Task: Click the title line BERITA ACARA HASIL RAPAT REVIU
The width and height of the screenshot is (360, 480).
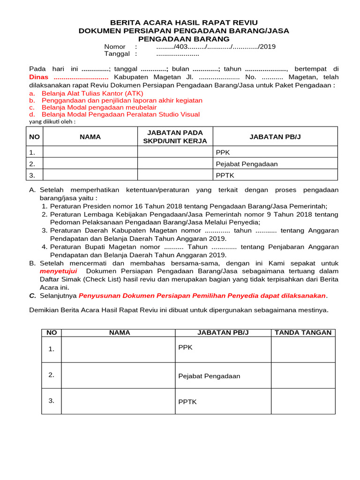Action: pyautogui.click(x=184, y=22)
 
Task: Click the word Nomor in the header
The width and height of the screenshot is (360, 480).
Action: pyautogui.click(x=115, y=46)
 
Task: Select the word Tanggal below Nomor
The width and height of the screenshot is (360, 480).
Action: pyautogui.click(x=117, y=54)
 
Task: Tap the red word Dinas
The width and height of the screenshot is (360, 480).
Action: pyautogui.click(x=39, y=77)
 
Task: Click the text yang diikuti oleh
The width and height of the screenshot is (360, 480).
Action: pyautogui.click(x=52, y=121)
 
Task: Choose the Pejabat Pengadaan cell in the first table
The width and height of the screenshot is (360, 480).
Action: pyautogui.click(x=247, y=164)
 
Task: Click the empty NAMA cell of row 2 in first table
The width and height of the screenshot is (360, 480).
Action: pyautogui.click(x=90, y=164)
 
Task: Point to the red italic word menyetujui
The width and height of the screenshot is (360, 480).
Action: pyautogui.click(x=58, y=271)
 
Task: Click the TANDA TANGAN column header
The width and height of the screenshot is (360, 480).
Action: pyautogui.click(x=303, y=332)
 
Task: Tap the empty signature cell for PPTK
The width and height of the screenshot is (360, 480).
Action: pyautogui.click(x=303, y=401)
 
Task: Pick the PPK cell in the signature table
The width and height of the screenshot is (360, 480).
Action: pyautogui.click(x=185, y=347)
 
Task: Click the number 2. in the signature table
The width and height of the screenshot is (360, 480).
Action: pyautogui.click(x=51, y=375)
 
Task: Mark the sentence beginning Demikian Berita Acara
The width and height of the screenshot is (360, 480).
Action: pyautogui.click(x=179, y=310)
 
